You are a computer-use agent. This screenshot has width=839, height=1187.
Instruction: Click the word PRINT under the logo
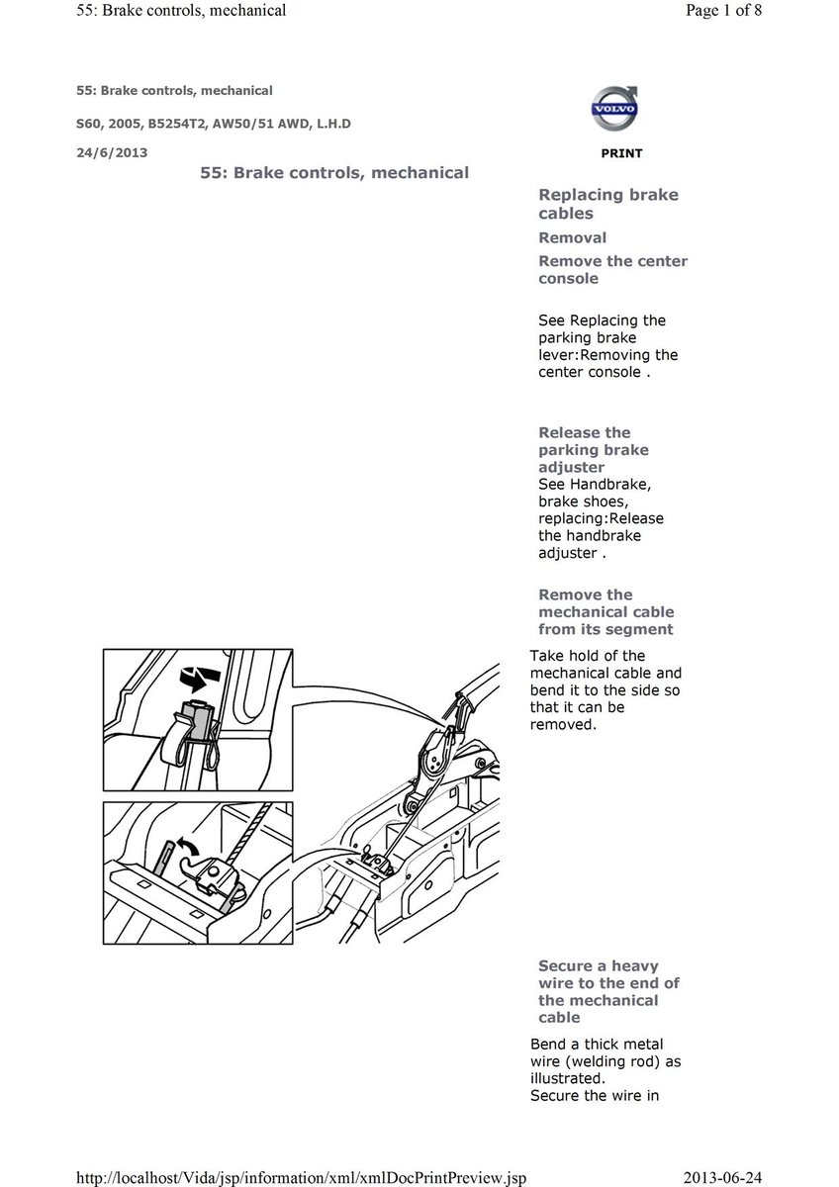pyautogui.click(x=620, y=153)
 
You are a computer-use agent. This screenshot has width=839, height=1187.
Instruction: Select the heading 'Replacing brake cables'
pyautogui.click(x=607, y=204)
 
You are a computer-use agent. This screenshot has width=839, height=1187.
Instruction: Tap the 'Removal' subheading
pyautogui.click(x=572, y=237)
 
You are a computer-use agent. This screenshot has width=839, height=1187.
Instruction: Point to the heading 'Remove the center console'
pyautogui.click(x=612, y=270)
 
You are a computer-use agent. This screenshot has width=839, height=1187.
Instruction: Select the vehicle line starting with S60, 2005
pyautogui.click(x=214, y=123)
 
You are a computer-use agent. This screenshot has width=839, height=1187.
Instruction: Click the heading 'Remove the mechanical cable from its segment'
pyautogui.click(x=605, y=611)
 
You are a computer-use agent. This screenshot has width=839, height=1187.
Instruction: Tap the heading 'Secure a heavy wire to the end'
pyautogui.click(x=599, y=991)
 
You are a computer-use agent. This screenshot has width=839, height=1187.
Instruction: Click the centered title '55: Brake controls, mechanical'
pyautogui.click(x=333, y=172)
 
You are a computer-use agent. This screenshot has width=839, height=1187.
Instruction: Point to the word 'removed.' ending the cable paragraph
pyautogui.click(x=563, y=724)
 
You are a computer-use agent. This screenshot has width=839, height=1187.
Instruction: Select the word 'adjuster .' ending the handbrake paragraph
pyautogui.click(x=571, y=553)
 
